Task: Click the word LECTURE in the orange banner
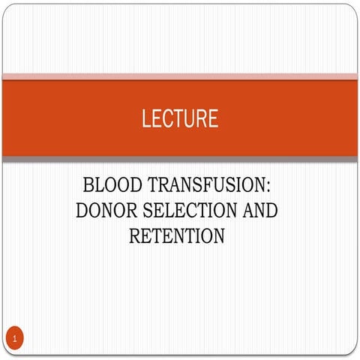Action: pyautogui.click(x=179, y=118)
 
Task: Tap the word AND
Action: pyautogui.click(x=259, y=211)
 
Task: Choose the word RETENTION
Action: pyautogui.click(x=177, y=237)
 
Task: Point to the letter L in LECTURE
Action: pyautogui.click(x=145, y=118)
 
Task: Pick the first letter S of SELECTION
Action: pyautogui.click(x=148, y=211)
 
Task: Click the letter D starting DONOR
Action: pyautogui.click(x=82, y=211)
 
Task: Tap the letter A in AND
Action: pyautogui.click(x=246, y=211)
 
